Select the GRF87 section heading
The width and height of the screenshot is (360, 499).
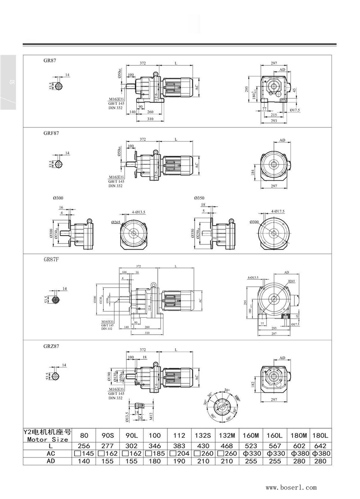[51, 133]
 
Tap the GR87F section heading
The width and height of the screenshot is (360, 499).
[51, 260]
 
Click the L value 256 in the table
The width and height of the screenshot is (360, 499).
[83, 446]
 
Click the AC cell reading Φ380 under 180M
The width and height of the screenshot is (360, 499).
[298, 454]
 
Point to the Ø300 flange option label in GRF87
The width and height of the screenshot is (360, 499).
[58, 198]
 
